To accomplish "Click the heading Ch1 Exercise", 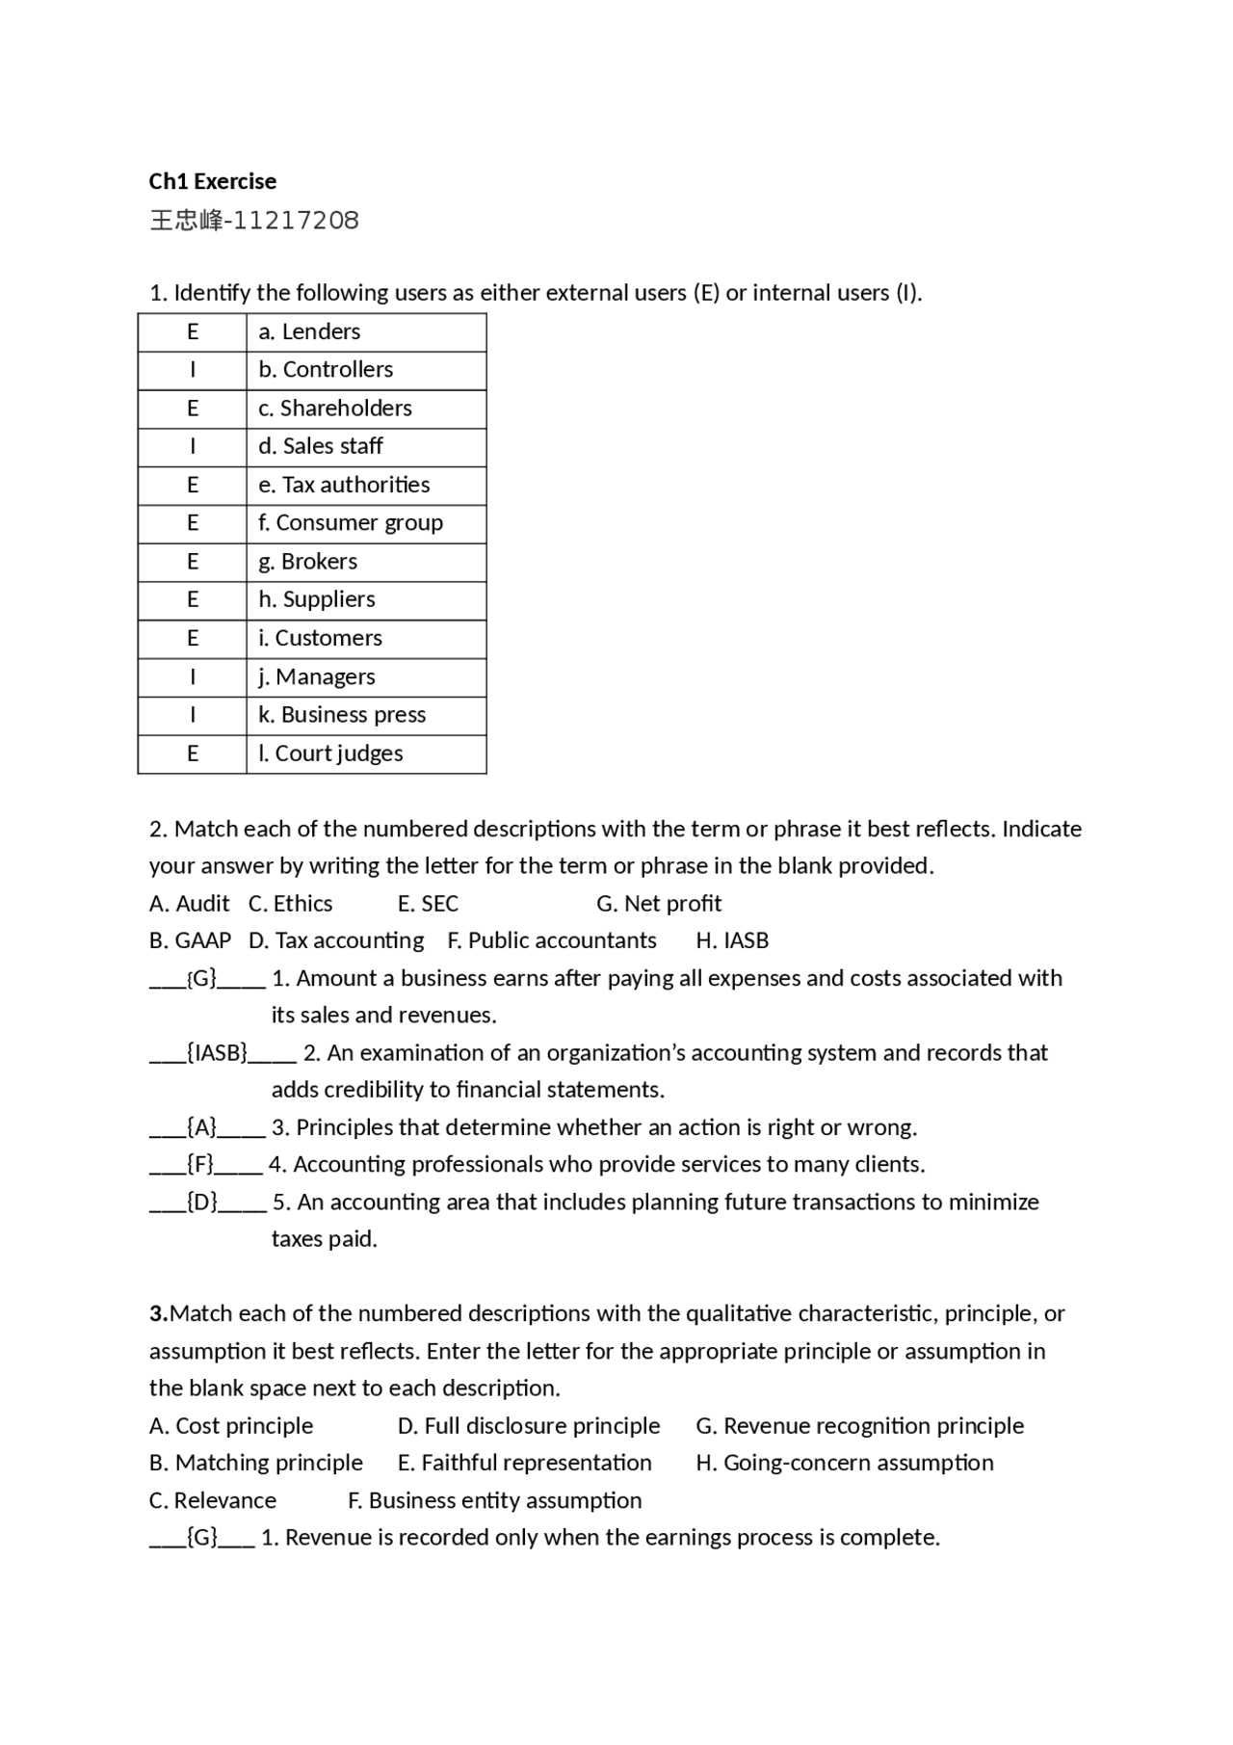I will [212, 181].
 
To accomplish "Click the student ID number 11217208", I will [296, 221].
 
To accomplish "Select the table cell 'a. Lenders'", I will [366, 331].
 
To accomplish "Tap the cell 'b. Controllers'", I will [366, 370].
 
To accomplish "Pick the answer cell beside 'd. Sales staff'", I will [193, 446].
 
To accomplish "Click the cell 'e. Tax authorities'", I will [366, 485].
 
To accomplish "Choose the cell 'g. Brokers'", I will [366, 562].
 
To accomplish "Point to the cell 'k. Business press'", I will [366, 715].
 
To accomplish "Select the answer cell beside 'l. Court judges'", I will [193, 754].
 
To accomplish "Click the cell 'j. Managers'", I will [366, 676].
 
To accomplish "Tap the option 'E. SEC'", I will [428, 904].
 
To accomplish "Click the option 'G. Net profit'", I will [659, 904].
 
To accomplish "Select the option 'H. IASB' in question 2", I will [732, 940].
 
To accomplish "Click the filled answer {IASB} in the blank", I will [218, 1053].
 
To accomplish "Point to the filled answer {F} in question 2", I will [200, 1165].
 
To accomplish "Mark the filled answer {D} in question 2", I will [202, 1203].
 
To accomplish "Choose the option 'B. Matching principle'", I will [256, 1463].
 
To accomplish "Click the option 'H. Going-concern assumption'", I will [844, 1463].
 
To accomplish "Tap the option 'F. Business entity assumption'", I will [494, 1500].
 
